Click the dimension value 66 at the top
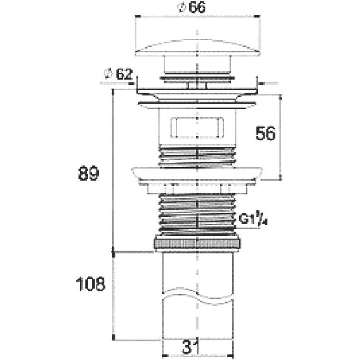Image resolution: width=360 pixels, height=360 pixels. pos(197,8)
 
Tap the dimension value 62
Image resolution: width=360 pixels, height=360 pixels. pos(124,74)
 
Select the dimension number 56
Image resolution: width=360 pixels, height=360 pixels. pos(266,134)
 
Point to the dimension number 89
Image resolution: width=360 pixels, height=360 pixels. pos(88,174)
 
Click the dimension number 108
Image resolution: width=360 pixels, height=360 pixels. pos(90,284)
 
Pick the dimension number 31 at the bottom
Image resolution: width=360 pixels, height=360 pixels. pos(190,347)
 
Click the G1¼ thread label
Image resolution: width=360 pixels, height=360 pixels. pos(253,220)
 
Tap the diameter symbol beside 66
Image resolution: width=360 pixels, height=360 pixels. pos(182,8)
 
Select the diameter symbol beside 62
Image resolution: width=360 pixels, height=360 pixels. pos(109,74)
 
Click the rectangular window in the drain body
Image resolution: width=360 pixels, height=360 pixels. pos(197,128)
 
